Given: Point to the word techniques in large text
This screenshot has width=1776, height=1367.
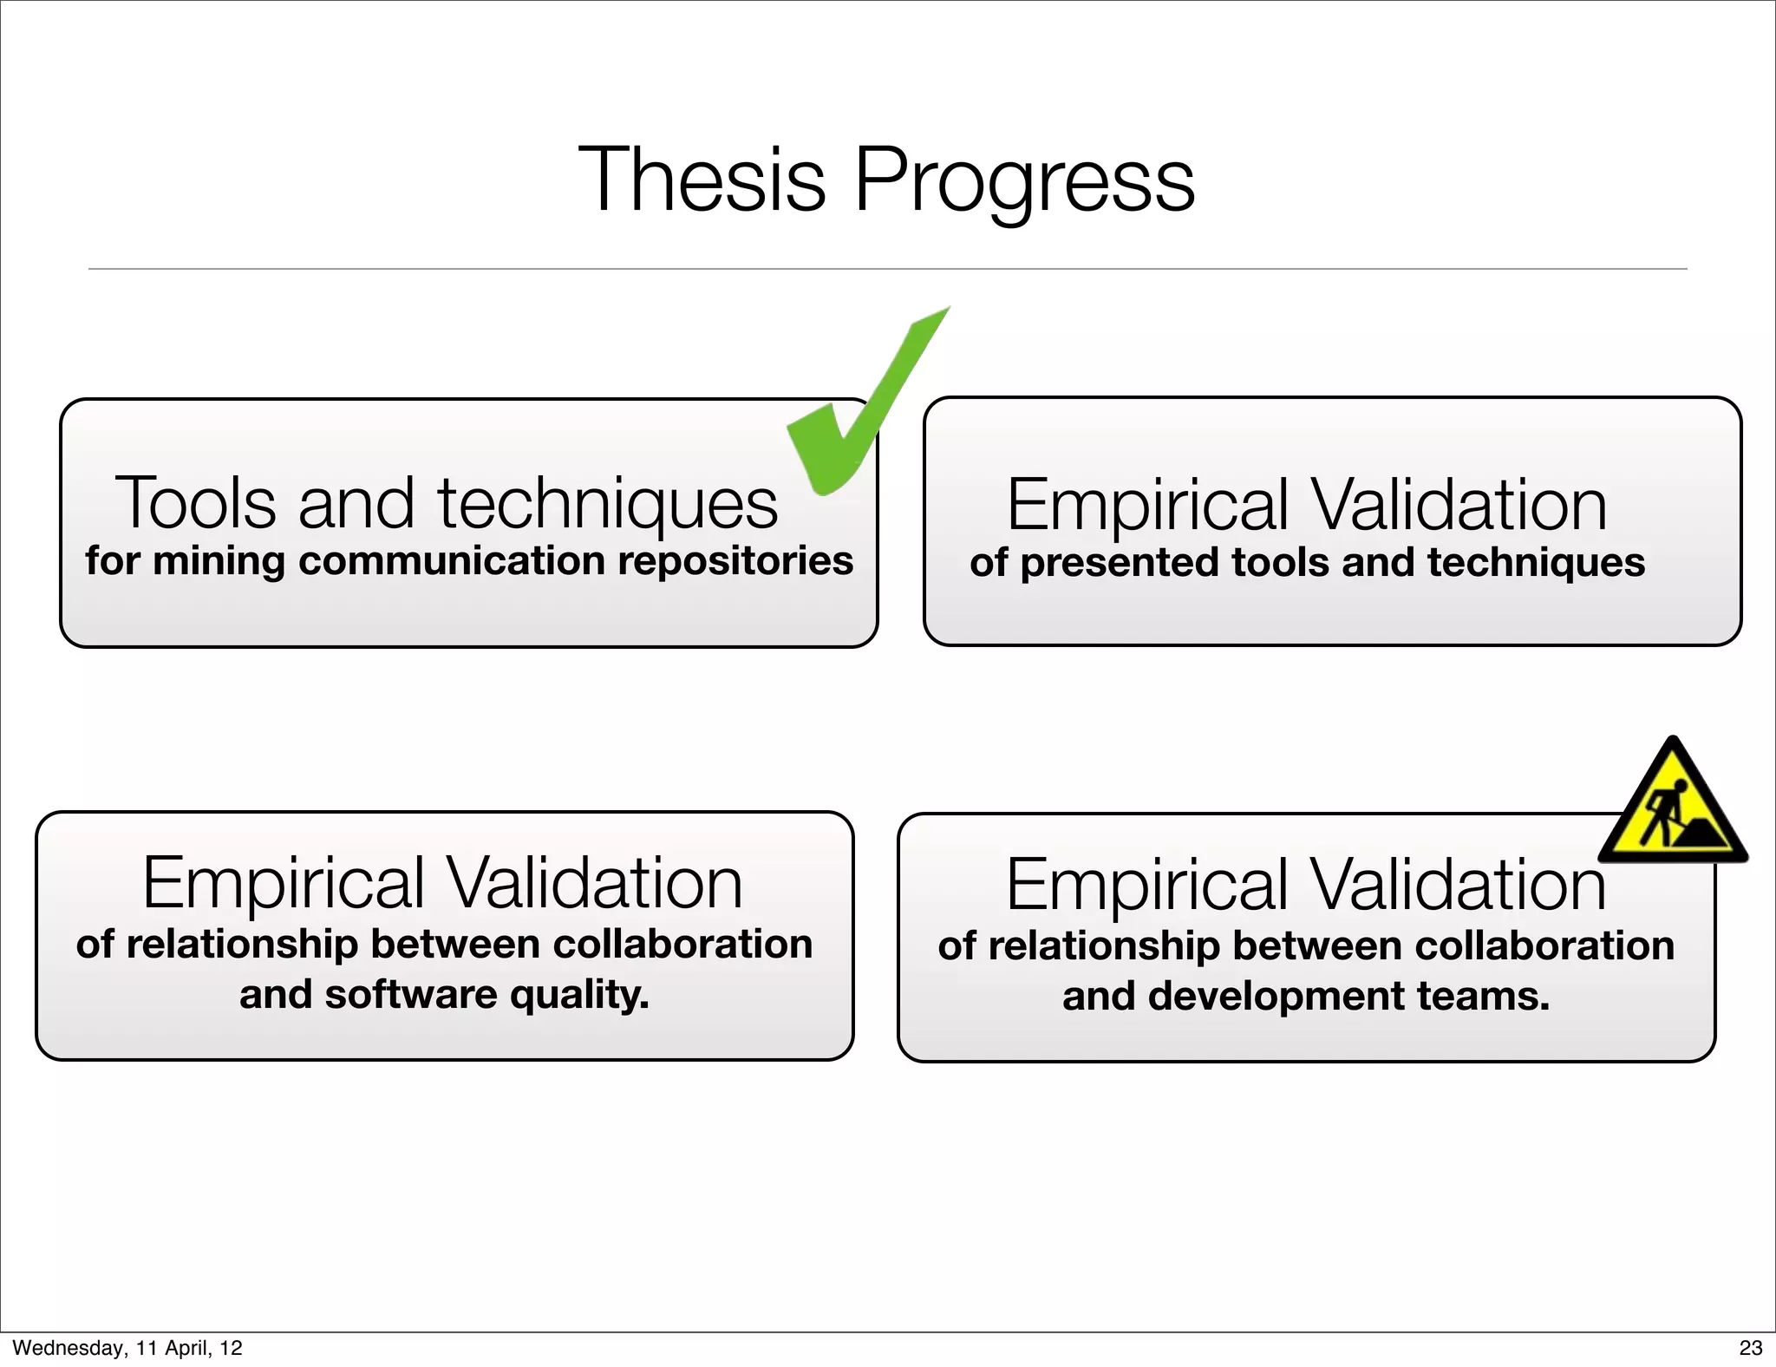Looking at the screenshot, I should coord(607,504).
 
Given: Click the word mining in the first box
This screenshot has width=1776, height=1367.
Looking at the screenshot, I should coord(219,561).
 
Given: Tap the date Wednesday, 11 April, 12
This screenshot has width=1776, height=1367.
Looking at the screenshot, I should coord(127,1348).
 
